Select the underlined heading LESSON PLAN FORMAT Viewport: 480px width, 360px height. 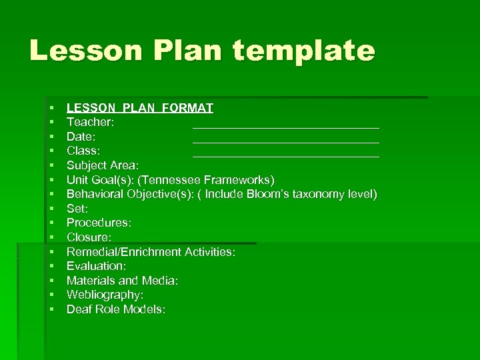(140, 107)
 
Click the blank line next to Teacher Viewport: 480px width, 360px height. (285, 126)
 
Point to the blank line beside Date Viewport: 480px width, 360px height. (285, 141)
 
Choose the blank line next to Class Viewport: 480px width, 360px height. (285, 156)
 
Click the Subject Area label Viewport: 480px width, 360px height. (103, 165)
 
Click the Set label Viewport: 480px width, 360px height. (77, 209)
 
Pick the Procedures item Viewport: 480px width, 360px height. (99, 223)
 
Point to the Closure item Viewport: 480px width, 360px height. (89, 237)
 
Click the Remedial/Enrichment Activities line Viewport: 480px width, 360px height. (151, 252)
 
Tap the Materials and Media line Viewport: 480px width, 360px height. (122, 281)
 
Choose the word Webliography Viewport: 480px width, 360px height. (105, 295)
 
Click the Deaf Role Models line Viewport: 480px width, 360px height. (116, 309)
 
